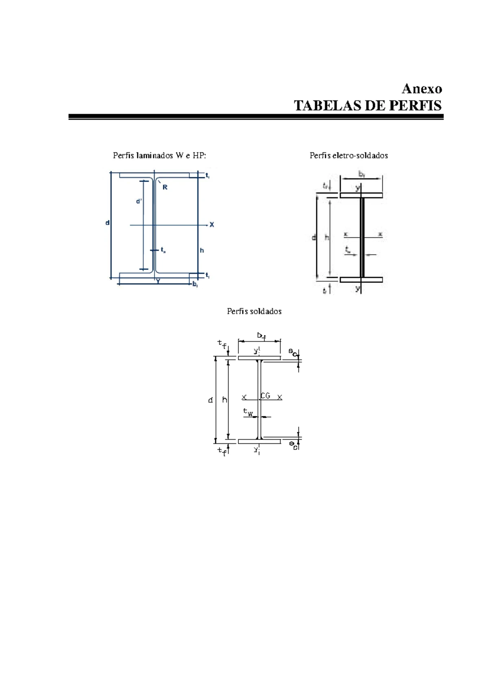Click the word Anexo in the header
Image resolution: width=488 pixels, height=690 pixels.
[422, 89]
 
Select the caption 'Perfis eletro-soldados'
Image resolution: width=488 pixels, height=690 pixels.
[349, 156]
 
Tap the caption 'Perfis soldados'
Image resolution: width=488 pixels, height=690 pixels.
[254, 311]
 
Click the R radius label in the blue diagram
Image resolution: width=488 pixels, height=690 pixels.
[165, 187]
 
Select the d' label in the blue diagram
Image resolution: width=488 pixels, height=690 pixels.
[139, 201]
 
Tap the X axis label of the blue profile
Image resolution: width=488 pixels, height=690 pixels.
[211, 225]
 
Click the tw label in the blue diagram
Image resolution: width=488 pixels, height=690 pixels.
[163, 250]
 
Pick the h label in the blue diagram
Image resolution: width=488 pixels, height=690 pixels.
[202, 250]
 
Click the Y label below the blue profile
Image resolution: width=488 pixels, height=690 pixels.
[158, 281]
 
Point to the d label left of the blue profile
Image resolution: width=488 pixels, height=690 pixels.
[107, 223]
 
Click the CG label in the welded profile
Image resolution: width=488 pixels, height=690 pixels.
[266, 396]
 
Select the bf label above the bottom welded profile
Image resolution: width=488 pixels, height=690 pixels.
[261, 336]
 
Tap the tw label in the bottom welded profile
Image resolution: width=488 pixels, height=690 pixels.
[248, 412]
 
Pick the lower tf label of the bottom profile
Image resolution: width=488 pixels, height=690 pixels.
[222, 451]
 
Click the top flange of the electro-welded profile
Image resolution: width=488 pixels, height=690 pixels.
[361, 195]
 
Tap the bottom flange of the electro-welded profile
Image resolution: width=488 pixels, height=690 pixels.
[361, 280]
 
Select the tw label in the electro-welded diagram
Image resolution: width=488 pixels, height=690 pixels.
[348, 250]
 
